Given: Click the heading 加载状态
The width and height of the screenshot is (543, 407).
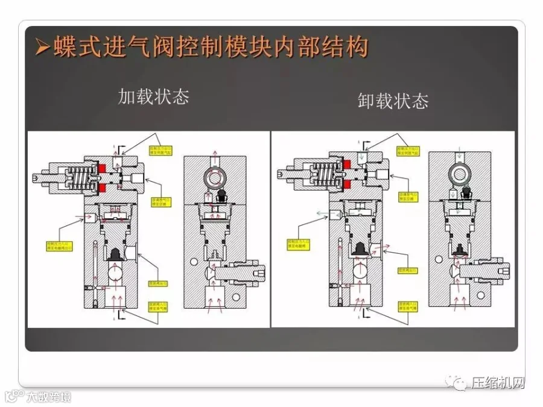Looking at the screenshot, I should [153, 97].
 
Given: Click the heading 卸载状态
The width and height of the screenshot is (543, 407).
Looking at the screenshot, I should [393, 101].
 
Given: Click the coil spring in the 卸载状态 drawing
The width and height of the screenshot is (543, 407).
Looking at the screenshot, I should [326, 173].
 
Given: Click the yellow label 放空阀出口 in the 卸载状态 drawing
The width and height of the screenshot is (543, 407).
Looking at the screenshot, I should [408, 271].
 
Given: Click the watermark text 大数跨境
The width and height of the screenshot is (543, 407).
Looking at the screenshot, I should [48, 397].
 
